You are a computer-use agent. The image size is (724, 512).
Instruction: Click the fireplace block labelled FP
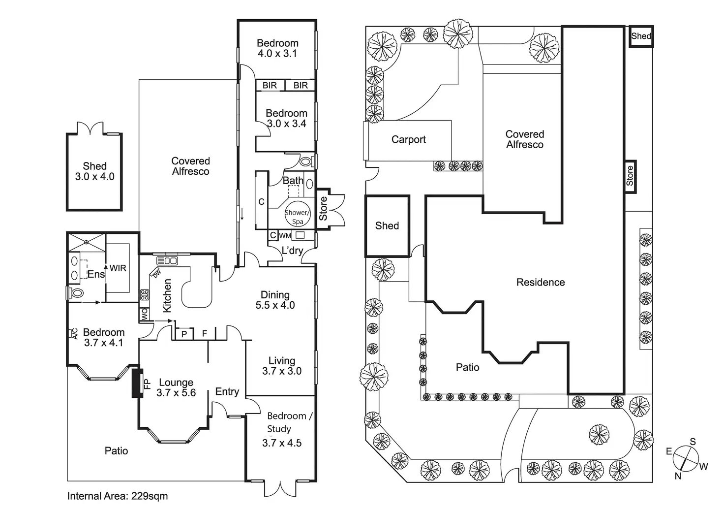pyautogui.click(x=137, y=383)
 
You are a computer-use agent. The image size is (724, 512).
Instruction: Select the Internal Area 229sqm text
pyautogui.click(x=118, y=496)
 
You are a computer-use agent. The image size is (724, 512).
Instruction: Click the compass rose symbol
pyautogui.click(x=685, y=458)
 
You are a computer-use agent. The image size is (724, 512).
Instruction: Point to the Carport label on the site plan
pyautogui.click(x=409, y=139)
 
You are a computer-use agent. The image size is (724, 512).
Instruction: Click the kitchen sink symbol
pyautogui.click(x=167, y=261)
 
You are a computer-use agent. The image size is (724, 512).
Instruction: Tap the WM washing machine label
pyautogui.click(x=285, y=235)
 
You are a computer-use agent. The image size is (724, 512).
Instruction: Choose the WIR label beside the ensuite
pyautogui.click(x=118, y=268)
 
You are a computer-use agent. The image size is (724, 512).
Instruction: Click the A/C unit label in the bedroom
pyautogui.click(x=75, y=334)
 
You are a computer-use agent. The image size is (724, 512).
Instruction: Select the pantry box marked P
pyautogui.click(x=184, y=334)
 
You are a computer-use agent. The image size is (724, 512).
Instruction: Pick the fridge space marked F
pyautogui.click(x=205, y=333)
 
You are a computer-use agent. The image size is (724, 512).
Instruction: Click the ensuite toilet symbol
pyautogui.click(x=75, y=293)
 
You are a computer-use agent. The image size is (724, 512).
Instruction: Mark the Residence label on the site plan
pyautogui.click(x=541, y=282)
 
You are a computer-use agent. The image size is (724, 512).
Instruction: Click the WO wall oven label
pyautogui.click(x=144, y=314)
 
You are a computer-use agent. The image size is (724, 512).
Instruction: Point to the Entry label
pyautogui.click(x=227, y=392)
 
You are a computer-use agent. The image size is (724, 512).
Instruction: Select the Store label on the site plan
pyautogui.click(x=630, y=176)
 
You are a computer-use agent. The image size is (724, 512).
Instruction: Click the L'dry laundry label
pyautogui.click(x=292, y=251)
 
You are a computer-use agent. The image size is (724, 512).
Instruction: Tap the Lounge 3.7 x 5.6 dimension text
pyautogui.click(x=176, y=387)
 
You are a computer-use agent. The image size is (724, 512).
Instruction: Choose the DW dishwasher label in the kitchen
pyautogui.click(x=156, y=274)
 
